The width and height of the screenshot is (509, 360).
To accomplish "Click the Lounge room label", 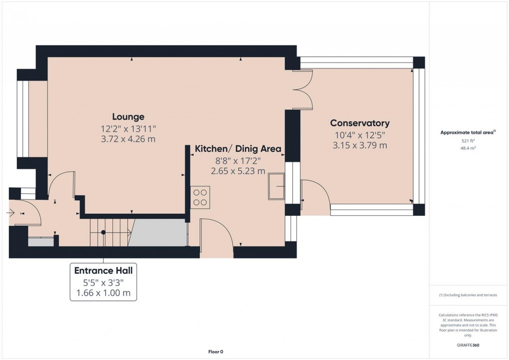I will [x=128, y=117].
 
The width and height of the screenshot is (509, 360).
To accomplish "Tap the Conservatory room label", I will [x=360, y=123].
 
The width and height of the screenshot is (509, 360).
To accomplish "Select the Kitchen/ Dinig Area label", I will [x=238, y=149].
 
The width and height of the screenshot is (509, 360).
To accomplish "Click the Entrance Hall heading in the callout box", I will [x=103, y=271].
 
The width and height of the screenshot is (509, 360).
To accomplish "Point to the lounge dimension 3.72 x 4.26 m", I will [x=128, y=139].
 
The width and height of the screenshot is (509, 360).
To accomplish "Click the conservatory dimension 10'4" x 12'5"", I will [x=360, y=135].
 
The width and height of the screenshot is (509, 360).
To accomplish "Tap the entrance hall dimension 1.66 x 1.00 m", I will [x=103, y=293].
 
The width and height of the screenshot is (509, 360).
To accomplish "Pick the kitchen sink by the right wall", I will [x=276, y=186].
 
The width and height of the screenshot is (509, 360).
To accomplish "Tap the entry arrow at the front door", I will [x=11, y=213].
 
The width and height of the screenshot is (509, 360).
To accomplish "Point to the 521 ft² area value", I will [x=468, y=141].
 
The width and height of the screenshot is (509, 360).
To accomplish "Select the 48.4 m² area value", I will [x=468, y=148].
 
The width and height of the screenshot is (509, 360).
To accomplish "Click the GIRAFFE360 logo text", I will [x=468, y=345].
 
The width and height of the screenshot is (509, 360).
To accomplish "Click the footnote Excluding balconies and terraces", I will [x=468, y=295].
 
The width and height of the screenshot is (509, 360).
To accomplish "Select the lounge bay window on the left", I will [x=23, y=119].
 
